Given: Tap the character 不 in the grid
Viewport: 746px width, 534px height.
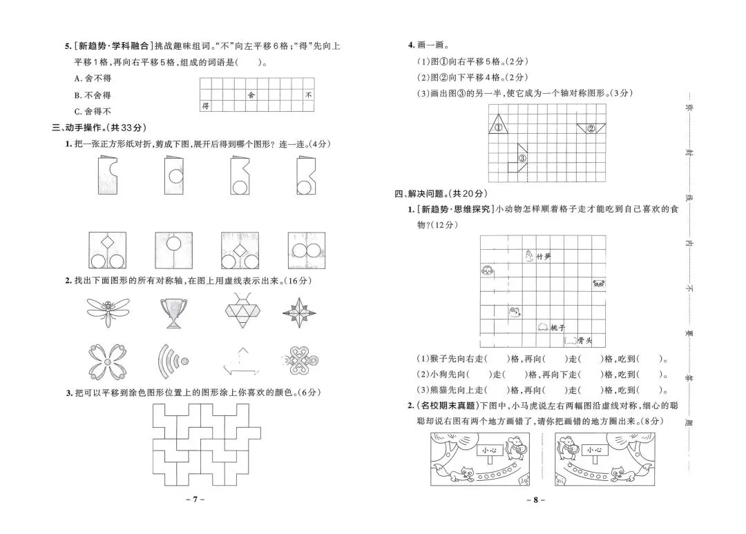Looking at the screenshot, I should pyautogui.click(x=309, y=95).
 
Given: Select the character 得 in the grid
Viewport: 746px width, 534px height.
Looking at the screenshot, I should pyautogui.click(x=205, y=106).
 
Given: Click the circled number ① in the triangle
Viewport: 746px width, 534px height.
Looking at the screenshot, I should pyautogui.click(x=497, y=127).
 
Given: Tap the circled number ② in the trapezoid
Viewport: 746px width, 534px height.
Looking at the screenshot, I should pyautogui.click(x=591, y=128).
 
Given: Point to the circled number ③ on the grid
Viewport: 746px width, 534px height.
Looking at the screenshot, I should pyautogui.click(x=522, y=158).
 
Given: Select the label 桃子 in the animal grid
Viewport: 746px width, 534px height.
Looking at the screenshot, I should pyautogui.click(x=559, y=328).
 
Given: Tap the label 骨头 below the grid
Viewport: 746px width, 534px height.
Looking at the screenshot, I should pyautogui.click(x=586, y=340).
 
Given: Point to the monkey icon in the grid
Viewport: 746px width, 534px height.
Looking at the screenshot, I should pyautogui.click(x=486, y=271).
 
